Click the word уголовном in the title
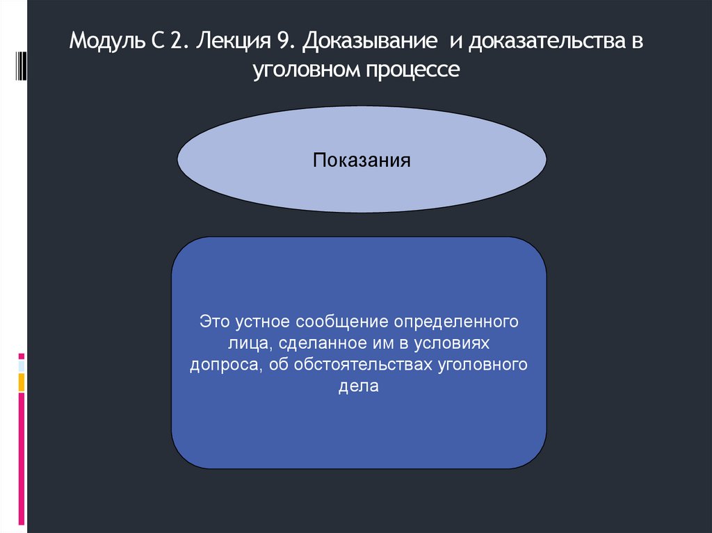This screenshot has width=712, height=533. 302,70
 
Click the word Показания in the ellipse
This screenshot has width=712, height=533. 362,161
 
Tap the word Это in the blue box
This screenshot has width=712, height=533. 214,322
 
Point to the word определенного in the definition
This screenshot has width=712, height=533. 457,322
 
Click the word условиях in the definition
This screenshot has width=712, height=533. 453,344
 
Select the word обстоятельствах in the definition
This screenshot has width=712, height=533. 358,366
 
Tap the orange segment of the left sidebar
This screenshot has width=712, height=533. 22,382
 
